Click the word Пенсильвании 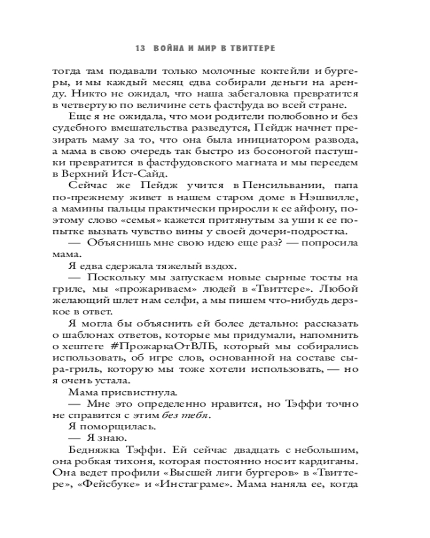click(274, 185)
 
